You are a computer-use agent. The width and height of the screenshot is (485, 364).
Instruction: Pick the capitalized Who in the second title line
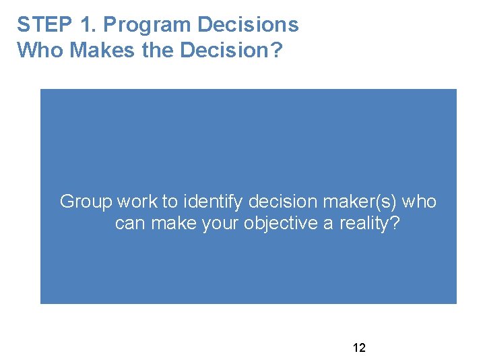tap(38, 50)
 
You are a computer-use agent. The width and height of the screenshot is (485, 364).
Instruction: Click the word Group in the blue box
tap(86, 202)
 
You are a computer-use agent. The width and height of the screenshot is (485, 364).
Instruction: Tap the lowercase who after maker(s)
tap(420, 202)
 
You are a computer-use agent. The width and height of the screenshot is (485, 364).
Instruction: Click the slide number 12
tap(359, 348)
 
